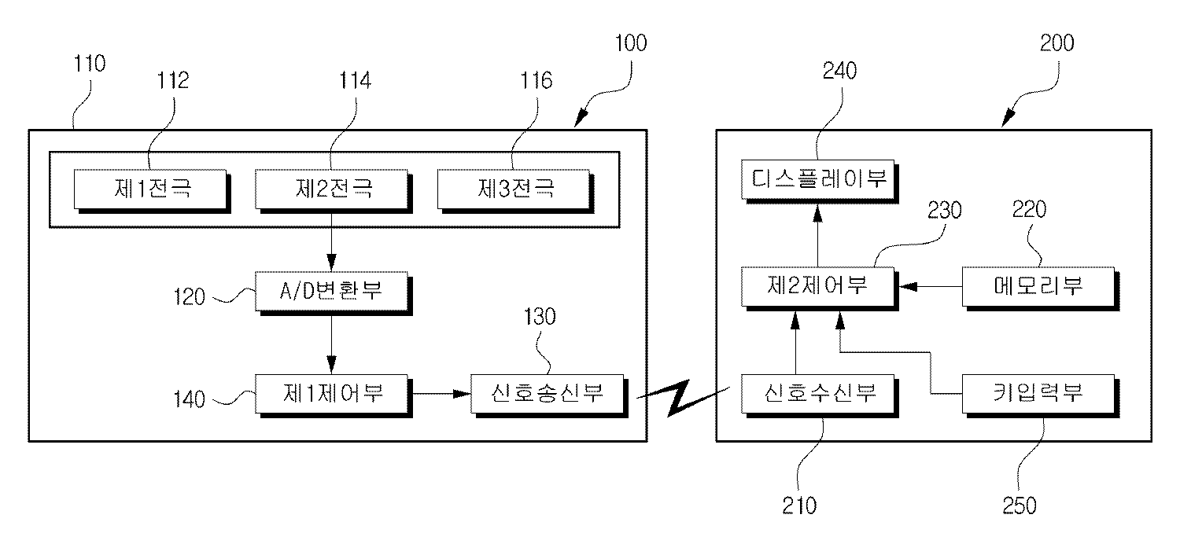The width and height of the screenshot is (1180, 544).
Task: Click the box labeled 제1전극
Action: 151,189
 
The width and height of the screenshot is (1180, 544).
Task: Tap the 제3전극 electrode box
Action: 514,189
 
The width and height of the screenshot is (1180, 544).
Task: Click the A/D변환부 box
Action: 331,291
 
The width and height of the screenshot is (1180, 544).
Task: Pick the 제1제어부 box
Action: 331,391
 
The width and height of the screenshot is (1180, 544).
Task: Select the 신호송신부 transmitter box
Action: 548,392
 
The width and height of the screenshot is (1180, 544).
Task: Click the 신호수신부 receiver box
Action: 819,392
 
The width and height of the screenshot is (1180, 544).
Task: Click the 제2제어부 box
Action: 819,286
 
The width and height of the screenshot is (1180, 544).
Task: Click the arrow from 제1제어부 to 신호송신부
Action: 441,392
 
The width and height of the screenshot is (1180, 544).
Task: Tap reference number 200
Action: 1056,42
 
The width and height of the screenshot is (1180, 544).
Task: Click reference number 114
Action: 355,80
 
